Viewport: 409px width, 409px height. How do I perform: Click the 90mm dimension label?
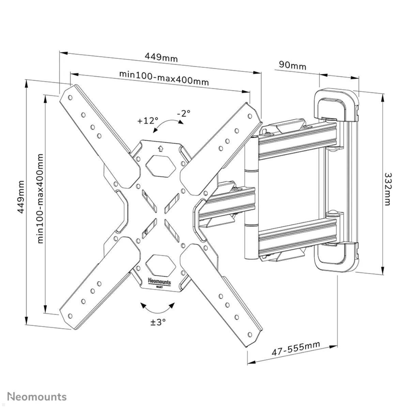click(292, 65)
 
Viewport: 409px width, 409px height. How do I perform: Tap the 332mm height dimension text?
click(388, 189)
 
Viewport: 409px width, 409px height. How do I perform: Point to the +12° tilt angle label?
click(148, 120)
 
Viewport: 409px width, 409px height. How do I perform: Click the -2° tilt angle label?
click(184, 113)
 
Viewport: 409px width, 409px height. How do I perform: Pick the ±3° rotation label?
click(158, 321)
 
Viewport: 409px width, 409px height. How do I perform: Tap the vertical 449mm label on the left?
click(21, 197)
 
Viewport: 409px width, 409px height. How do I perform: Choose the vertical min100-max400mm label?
click(41, 198)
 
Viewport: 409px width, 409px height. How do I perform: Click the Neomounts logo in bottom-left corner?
click(37, 396)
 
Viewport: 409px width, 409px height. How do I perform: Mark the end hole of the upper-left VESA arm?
click(70, 97)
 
